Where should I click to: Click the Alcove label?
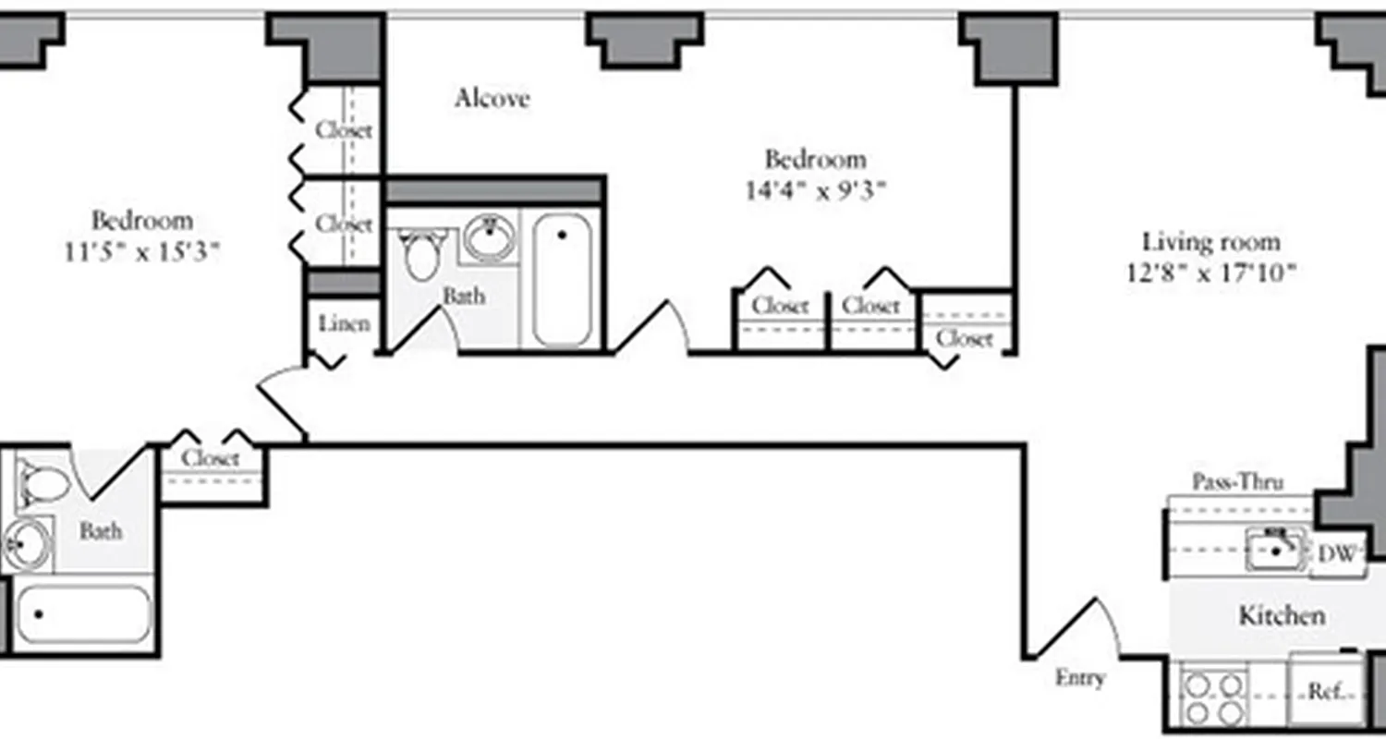(492, 99)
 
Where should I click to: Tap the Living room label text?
(1211, 243)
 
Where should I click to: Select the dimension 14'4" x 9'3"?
(816, 191)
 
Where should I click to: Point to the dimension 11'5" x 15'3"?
(142, 251)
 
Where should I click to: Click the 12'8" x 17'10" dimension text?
(1211, 273)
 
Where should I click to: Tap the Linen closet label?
(344, 323)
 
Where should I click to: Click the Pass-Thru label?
(1237, 482)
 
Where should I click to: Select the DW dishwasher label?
(1336, 554)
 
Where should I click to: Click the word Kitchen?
(1282, 615)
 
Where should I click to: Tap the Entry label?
(1079, 678)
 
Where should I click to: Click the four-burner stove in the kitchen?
(1212, 698)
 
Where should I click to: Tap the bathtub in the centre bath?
(562, 279)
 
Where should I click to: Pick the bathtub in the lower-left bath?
(83, 613)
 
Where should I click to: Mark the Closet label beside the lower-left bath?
(211, 458)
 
